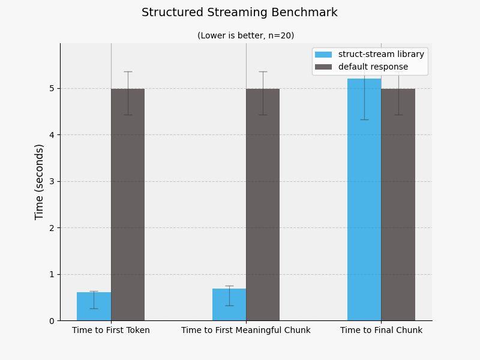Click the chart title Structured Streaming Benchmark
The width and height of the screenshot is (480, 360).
(x=239, y=13)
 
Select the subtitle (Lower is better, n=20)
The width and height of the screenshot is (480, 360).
(x=245, y=35)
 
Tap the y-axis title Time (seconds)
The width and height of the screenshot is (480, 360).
(x=40, y=182)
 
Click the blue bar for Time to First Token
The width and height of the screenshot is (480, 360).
(x=94, y=307)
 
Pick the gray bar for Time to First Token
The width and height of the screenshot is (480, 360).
(x=128, y=205)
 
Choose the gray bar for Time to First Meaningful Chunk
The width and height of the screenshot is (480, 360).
(x=263, y=205)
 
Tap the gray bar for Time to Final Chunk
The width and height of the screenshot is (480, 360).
(x=398, y=205)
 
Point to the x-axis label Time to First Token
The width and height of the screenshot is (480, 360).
(x=111, y=331)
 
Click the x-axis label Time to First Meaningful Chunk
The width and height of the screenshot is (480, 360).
(x=246, y=331)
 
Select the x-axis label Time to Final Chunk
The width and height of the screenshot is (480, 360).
(x=381, y=331)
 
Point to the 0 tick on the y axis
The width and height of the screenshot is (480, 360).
(x=52, y=321)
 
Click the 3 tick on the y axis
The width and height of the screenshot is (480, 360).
(x=52, y=182)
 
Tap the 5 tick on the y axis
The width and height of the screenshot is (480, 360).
(x=52, y=89)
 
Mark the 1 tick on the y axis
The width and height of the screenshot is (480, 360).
(x=52, y=274)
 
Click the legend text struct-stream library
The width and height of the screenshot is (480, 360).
(x=381, y=55)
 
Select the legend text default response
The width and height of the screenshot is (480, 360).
(x=373, y=67)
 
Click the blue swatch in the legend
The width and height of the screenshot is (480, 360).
(x=323, y=55)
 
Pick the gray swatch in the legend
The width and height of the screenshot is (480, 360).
(x=323, y=67)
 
